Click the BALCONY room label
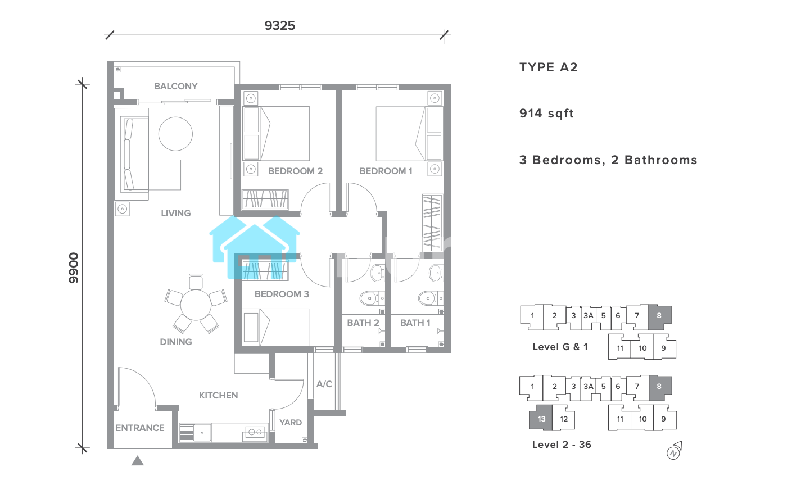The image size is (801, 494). click(175, 86)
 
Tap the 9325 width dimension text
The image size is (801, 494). click(279, 26)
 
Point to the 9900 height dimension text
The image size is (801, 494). click(73, 268)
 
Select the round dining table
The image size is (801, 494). click(196, 305)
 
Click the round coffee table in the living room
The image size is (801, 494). click(175, 134)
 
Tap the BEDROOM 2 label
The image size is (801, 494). click(295, 171)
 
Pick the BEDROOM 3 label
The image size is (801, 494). click(282, 294)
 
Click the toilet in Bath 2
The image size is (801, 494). click(372, 298)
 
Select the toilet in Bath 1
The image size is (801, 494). click(431, 298)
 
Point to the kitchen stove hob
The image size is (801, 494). click(255, 433)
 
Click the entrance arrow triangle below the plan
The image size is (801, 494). click(138, 460)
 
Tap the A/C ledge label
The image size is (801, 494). click(324, 384)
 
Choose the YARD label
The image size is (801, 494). click(291, 423)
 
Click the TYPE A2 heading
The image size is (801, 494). click(549, 67)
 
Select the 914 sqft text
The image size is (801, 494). click(546, 114)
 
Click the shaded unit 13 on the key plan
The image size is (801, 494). click(541, 418)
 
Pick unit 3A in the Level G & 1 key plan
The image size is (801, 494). click(588, 316)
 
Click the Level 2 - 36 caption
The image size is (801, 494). click(562, 445)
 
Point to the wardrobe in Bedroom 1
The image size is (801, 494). click(433, 223)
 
